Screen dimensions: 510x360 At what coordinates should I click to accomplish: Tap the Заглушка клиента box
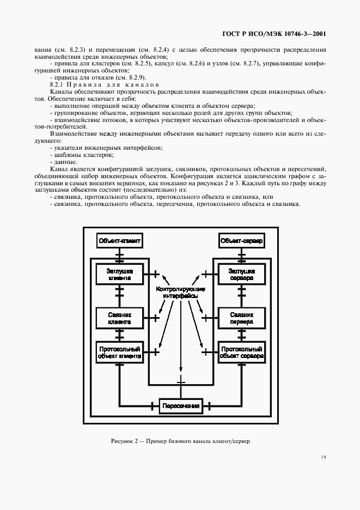[x=119, y=274]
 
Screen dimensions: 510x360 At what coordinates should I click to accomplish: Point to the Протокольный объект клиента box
[x=119, y=353]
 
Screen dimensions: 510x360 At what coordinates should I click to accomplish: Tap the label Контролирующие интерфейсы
[x=180, y=292]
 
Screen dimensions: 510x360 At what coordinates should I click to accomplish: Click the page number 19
[x=323, y=458]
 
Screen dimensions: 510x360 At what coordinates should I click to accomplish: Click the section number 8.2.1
[x=58, y=85]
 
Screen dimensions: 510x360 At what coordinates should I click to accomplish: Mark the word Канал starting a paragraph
[x=60, y=169]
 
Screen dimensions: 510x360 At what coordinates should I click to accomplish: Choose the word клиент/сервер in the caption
[x=234, y=440]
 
